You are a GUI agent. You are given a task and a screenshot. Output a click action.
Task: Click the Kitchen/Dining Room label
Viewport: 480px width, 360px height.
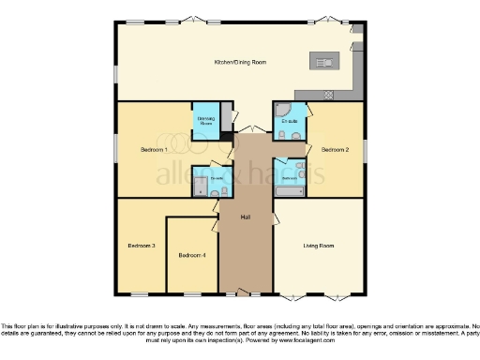[240, 62]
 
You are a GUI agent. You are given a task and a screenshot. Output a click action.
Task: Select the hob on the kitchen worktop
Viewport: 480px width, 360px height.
[327, 94]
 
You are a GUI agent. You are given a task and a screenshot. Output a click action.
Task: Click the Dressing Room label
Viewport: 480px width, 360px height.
[204, 120]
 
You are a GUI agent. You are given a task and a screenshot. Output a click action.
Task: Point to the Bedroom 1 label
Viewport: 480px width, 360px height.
[154, 149]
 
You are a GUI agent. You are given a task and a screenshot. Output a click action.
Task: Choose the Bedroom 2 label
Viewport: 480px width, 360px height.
[334, 149]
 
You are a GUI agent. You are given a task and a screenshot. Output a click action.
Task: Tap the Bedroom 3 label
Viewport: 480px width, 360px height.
[141, 246]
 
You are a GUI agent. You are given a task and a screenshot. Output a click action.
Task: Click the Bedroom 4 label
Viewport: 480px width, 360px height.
[191, 254]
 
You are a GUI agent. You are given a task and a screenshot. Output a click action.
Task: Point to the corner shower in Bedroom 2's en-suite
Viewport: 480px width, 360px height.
[281, 111]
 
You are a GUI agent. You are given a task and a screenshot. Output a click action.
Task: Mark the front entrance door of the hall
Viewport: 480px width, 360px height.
[245, 293]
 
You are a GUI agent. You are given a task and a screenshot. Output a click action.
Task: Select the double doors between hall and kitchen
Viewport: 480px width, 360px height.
[246, 128]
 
